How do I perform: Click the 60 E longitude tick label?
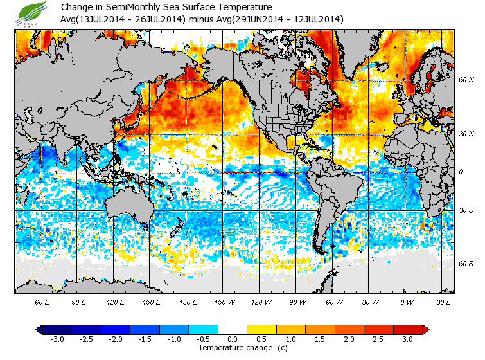pyautogui.click(x=42, y=301)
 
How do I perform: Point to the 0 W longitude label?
pyautogui.click(x=405, y=301)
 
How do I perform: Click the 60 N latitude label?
pyautogui.click(x=466, y=80)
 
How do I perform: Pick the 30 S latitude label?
pyautogui.click(x=466, y=210)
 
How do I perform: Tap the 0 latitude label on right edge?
pyautogui.click(x=460, y=172)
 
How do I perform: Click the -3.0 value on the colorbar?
pyautogui.click(x=57, y=339)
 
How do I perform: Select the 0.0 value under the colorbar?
pyautogui.click(x=233, y=339)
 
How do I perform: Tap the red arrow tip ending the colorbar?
pyautogui.click(x=425, y=329)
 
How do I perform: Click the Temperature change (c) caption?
pyautogui.click(x=233, y=347)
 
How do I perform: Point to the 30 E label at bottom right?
pyautogui.click(x=442, y=301)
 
